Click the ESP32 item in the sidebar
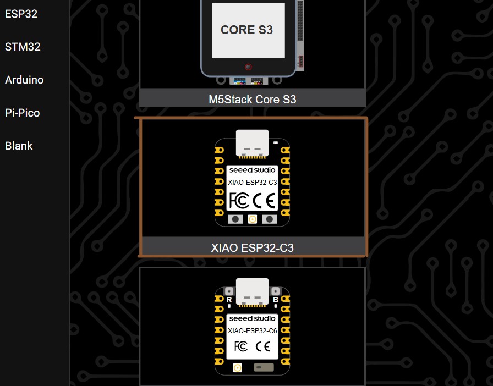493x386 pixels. (x=21, y=14)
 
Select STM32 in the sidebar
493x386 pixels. (x=23, y=47)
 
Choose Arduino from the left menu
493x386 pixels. (x=24, y=80)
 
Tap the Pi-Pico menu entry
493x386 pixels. (x=22, y=113)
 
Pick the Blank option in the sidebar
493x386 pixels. (x=19, y=146)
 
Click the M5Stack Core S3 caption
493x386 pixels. (x=252, y=99)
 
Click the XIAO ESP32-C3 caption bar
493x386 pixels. (x=252, y=247)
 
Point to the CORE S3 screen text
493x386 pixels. (x=246, y=30)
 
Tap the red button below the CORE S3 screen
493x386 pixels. (x=248, y=67)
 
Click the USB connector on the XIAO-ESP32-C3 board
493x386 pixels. (x=252, y=142)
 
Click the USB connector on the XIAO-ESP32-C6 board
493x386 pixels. (x=252, y=291)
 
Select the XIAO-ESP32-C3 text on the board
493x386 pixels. (x=252, y=182)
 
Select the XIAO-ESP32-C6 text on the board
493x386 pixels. (x=252, y=330)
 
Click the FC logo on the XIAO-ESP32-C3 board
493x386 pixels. (x=238, y=201)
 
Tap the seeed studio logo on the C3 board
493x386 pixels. (x=252, y=170)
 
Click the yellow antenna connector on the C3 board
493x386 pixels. (x=252, y=219)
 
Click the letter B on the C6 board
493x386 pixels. (x=275, y=300)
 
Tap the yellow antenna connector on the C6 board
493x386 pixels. (x=238, y=367)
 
